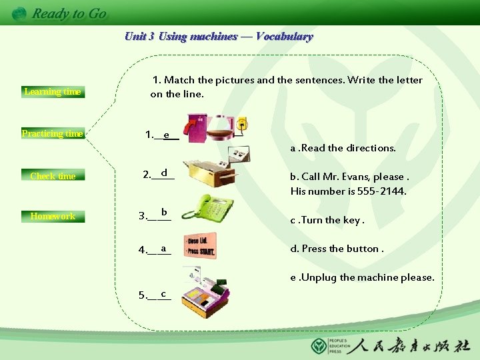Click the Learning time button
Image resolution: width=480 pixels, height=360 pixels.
[53, 91]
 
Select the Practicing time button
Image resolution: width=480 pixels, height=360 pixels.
[53, 133]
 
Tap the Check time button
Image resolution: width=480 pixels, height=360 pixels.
[53, 176]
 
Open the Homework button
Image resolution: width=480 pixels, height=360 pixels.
[53, 216]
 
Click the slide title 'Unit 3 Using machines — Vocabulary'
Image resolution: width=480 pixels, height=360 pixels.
[219, 37]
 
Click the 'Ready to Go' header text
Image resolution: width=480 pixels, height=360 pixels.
[69, 13]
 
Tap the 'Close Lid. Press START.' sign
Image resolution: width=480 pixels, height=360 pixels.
[201, 245]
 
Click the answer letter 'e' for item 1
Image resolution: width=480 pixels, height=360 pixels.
[166, 135]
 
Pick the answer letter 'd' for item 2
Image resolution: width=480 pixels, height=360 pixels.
[164, 173]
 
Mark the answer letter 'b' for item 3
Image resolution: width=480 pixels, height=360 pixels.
[163, 212]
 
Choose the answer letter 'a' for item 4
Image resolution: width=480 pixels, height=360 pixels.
[163, 249]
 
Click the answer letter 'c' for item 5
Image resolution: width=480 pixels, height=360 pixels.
[163, 293]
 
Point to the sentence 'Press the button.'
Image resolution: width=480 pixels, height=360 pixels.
[337, 249]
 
